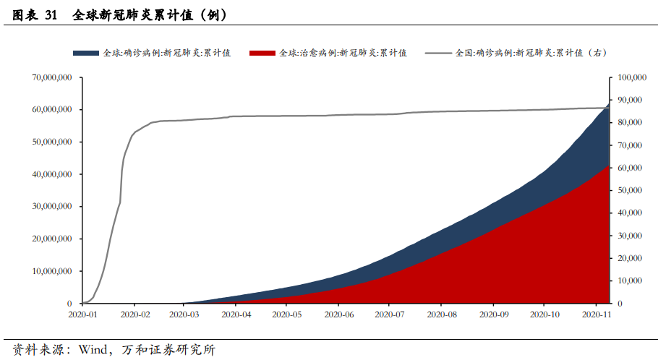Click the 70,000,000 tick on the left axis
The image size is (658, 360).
tap(51, 77)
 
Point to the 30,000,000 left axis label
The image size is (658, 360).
tap(51, 206)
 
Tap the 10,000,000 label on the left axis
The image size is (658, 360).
tap(51, 271)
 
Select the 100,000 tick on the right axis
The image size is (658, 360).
tap(628, 77)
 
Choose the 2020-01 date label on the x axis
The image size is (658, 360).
tap(82, 315)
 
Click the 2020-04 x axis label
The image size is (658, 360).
tap(236, 315)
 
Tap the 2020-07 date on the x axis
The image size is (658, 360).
tap(389, 315)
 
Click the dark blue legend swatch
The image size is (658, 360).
tap(86, 53)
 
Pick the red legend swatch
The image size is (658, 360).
tap(262, 53)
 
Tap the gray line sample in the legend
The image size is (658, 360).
tap(438, 53)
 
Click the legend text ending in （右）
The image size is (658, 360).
tap(531, 53)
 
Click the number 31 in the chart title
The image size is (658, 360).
tap(50, 14)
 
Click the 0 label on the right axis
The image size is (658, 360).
tap(615, 304)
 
